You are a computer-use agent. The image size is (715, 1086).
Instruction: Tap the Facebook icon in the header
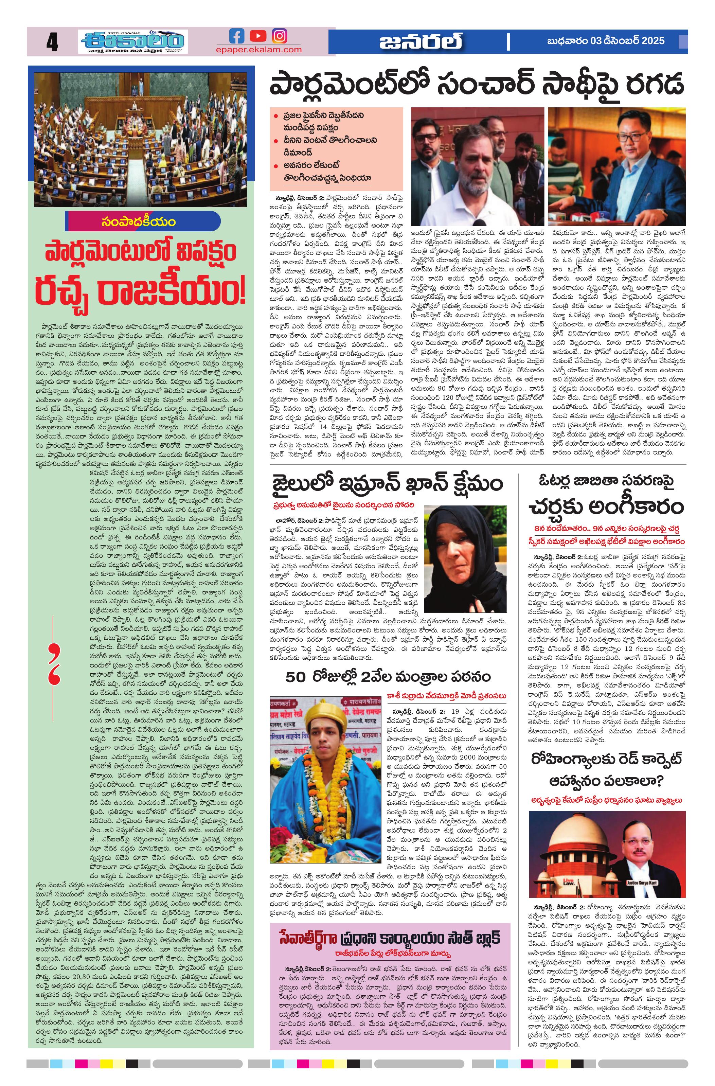(x=237, y=36)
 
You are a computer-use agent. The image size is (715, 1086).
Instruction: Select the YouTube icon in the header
(x=258, y=36)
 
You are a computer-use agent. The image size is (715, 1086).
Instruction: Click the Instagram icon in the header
(x=280, y=36)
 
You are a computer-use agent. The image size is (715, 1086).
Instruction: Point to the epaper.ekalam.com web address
(x=259, y=50)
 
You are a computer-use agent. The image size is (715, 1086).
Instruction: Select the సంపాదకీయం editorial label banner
(x=143, y=222)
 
